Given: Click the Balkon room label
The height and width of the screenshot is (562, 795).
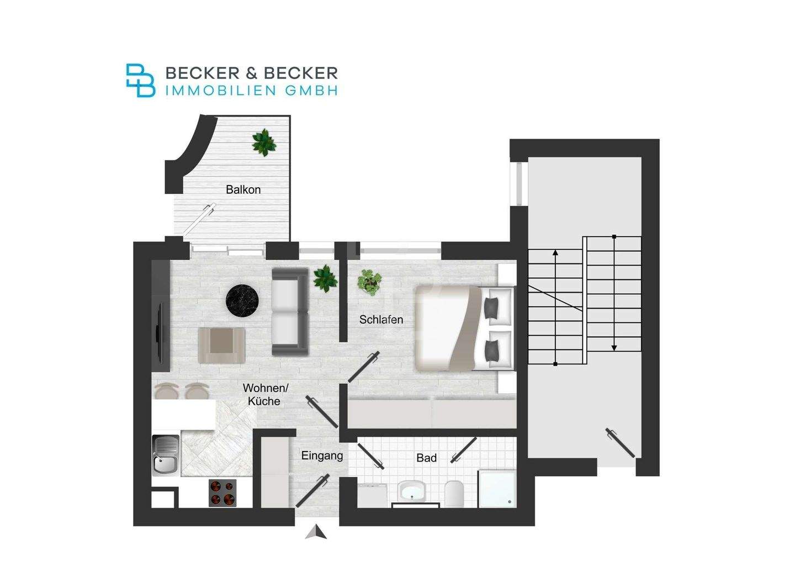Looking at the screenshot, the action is point(243,189).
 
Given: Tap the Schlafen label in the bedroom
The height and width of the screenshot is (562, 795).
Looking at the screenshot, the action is point(381,320).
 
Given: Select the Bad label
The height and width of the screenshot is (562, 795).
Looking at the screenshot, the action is point(426,458).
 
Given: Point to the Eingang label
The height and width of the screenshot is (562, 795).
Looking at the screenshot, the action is point(322,456).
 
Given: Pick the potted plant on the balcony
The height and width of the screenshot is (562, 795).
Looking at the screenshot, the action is point(264,142).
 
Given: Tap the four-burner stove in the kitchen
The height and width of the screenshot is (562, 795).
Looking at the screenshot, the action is point(222,493).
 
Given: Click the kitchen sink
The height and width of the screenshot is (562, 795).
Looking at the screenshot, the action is point(166,455).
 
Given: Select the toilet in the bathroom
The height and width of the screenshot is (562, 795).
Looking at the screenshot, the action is point(454,494).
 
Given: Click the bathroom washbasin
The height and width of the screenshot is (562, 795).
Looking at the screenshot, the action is point(411,490).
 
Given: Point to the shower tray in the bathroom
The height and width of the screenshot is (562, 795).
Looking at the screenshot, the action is point(497,489).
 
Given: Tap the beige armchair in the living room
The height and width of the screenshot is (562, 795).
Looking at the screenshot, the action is point(221,345).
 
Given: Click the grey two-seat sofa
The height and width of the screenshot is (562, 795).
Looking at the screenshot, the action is point(290,311).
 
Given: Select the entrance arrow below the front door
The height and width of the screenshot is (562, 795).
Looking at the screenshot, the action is point(316,533).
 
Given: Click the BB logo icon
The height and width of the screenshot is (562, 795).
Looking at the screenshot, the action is point(141,81).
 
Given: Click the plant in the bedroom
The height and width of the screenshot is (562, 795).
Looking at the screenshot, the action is point(369,282).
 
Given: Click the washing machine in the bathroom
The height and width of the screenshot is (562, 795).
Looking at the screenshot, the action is point(372,495).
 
